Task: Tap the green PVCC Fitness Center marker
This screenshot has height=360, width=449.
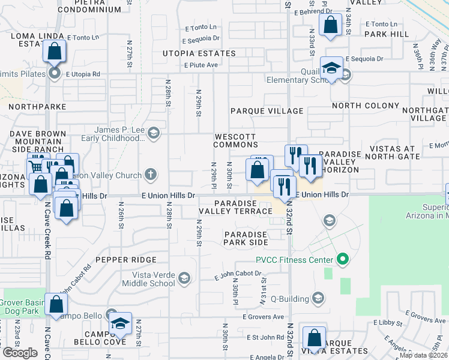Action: (x=343, y=260)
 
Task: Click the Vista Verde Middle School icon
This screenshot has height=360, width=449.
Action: (x=184, y=278)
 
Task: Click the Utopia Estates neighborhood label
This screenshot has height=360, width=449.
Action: (x=199, y=53)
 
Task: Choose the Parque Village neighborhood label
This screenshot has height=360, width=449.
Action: (x=267, y=111)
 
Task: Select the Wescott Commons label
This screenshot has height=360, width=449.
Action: (x=236, y=140)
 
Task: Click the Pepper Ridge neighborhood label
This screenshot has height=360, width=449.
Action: (x=125, y=260)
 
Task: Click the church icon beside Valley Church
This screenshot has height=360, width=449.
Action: (x=151, y=175)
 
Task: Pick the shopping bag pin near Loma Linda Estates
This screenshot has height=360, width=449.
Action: (x=55, y=52)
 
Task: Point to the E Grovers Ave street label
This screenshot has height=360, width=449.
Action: (x=263, y=317)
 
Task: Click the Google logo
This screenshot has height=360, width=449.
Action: (x=20, y=353)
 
